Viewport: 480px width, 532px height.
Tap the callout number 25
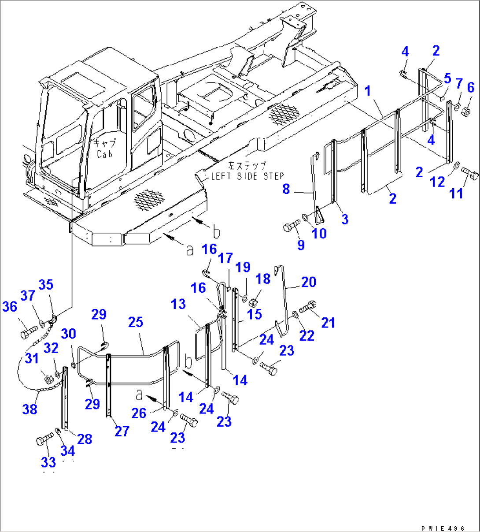click(136, 322)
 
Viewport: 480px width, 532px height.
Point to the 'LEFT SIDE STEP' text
click(247, 176)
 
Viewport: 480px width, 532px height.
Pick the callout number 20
click(309, 282)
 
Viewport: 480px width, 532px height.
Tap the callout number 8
click(286, 190)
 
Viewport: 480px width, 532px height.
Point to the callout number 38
click(30, 409)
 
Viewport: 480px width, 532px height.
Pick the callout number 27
click(122, 431)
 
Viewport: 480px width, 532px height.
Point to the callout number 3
click(344, 219)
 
